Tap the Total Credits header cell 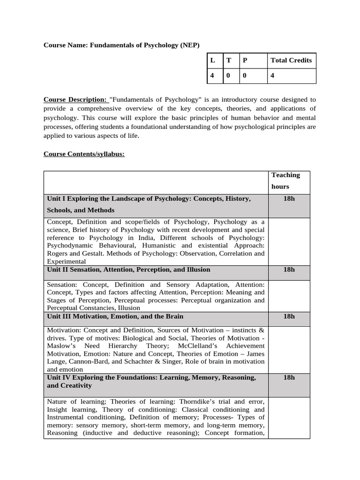[x=291, y=60]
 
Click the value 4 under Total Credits [x=273, y=76]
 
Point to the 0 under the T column [x=228, y=76]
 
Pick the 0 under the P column [x=244, y=76]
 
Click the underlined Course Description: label [x=75, y=99]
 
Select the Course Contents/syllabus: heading [x=84, y=154]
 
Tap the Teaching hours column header [x=285, y=180]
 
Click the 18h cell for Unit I [x=289, y=199]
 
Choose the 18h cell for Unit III [x=289, y=316]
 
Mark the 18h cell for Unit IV [x=289, y=377]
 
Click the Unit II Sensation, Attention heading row [x=128, y=270]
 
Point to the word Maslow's [x=62, y=346]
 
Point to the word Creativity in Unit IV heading [x=76, y=385]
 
